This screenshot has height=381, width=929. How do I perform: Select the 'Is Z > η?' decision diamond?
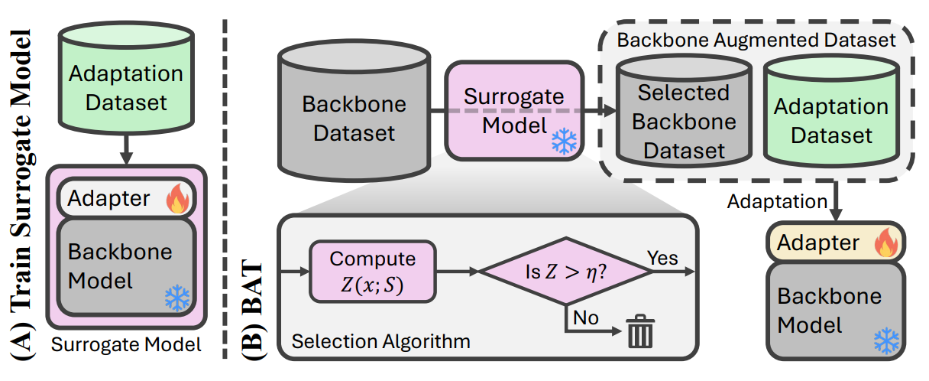(x=565, y=271)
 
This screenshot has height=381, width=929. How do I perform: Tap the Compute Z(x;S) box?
(x=372, y=271)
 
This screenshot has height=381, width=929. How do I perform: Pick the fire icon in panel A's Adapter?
(x=177, y=200)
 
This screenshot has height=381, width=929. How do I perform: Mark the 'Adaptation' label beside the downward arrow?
(x=777, y=202)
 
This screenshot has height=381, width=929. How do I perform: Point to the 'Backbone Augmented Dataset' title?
(x=756, y=39)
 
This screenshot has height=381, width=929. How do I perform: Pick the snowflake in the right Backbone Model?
(x=886, y=342)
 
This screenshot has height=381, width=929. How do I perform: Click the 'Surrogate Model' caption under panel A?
(x=126, y=345)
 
